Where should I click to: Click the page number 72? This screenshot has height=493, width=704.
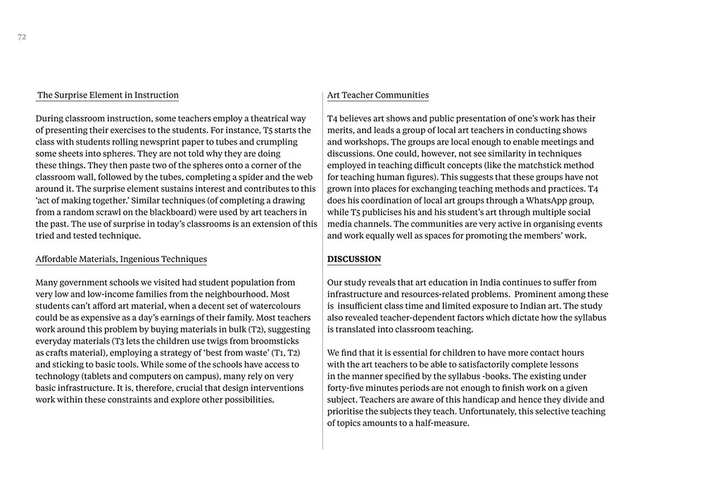click(x=22, y=37)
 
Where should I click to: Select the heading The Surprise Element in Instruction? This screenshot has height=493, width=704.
click(x=108, y=95)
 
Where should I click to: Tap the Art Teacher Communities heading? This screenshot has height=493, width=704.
click(x=378, y=95)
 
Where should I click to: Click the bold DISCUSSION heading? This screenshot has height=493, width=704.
click(x=354, y=259)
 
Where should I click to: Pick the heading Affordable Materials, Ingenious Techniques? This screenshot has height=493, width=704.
click(x=121, y=259)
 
